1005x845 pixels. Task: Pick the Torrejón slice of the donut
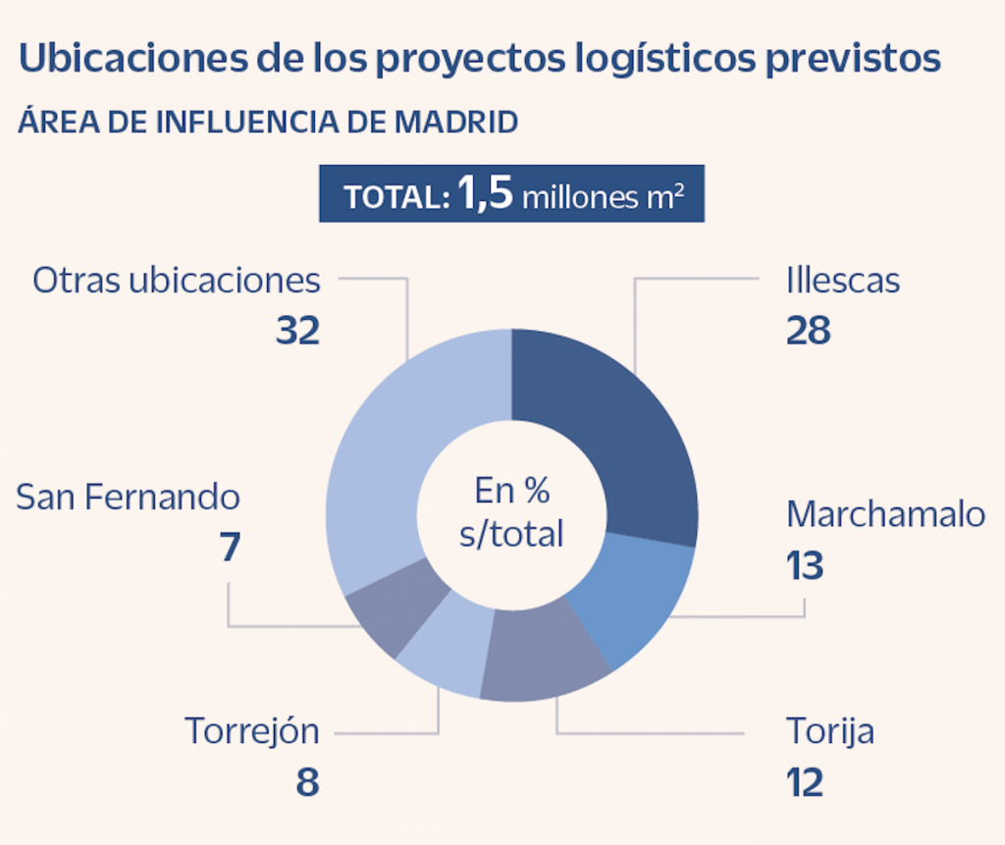(x=447, y=648)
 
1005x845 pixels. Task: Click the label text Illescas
(x=842, y=281)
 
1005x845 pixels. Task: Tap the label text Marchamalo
(x=885, y=514)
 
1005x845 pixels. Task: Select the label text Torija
(x=829, y=731)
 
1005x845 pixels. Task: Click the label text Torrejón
(x=252, y=731)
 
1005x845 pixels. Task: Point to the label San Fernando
(x=128, y=497)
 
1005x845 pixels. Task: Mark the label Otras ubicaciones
(x=177, y=281)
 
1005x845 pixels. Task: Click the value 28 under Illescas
(x=808, y=331)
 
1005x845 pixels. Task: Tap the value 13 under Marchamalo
(x=805, y=565)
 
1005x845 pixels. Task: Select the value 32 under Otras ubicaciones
(x=297, y=331)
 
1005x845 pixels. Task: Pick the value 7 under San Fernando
(x=230, y=548)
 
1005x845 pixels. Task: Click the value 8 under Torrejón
(x=308, y=782)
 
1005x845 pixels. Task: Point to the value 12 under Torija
(x=804, y=782)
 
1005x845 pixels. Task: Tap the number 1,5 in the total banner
(x=485, y=194)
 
